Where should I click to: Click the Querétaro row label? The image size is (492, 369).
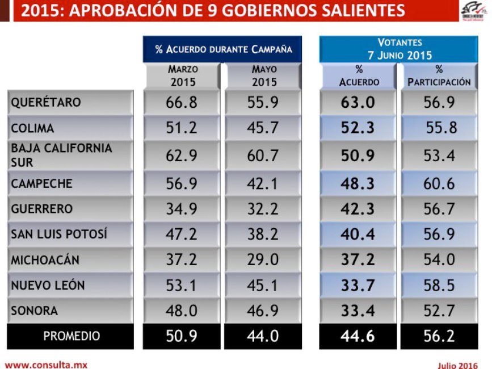point(46,103)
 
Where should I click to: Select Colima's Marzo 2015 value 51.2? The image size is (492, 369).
point(182,128)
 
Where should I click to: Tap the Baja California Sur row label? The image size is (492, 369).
point(62,155)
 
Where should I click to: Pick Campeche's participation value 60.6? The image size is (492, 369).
point(439,183)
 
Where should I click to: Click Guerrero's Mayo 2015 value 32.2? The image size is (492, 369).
point(262,209)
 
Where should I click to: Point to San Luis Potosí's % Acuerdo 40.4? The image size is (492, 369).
point(358,234)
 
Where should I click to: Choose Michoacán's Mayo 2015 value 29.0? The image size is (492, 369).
point(262,260)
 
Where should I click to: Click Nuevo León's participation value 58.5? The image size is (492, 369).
point(439,286)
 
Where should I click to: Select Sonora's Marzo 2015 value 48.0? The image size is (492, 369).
point(182,311)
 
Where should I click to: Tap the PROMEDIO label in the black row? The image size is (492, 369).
point(72,336)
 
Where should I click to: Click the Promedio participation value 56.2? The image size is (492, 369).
point(439,336)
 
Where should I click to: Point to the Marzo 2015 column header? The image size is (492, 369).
point(183,76)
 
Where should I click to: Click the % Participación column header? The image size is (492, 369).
point(439,76)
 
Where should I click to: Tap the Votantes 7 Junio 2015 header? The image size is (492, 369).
point(399,49)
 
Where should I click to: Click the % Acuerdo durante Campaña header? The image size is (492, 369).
point(223,49)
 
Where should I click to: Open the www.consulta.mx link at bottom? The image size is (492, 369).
point(46,365)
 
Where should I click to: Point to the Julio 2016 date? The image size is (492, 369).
point(458,365)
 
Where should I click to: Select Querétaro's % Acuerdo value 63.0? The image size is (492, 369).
point(358,103)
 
